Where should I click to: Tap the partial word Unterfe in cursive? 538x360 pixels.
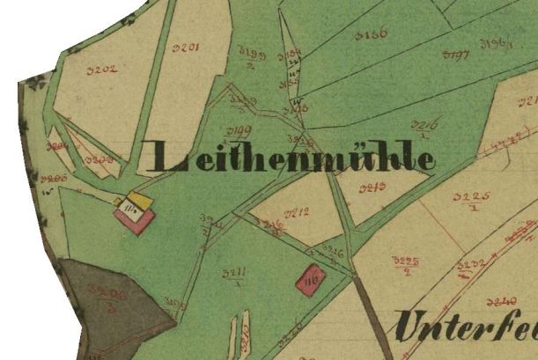coord(465,328)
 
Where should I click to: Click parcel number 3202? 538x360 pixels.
coord(103,69)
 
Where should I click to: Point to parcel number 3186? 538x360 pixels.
coord(372,35)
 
